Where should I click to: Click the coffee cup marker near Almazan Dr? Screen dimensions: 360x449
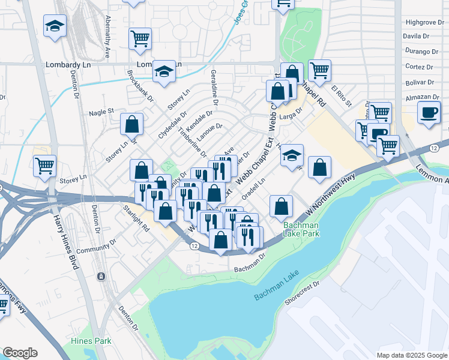point(429,113)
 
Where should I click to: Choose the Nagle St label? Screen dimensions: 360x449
point(101,112)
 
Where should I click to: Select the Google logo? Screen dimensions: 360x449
point(20,353)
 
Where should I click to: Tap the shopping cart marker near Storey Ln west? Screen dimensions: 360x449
point(45,166)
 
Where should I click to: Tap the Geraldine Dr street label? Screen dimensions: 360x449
point(214,84)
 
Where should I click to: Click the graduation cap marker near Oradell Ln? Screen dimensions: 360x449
point(292,155)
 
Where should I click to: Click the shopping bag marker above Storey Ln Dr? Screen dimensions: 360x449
point(132,124)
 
